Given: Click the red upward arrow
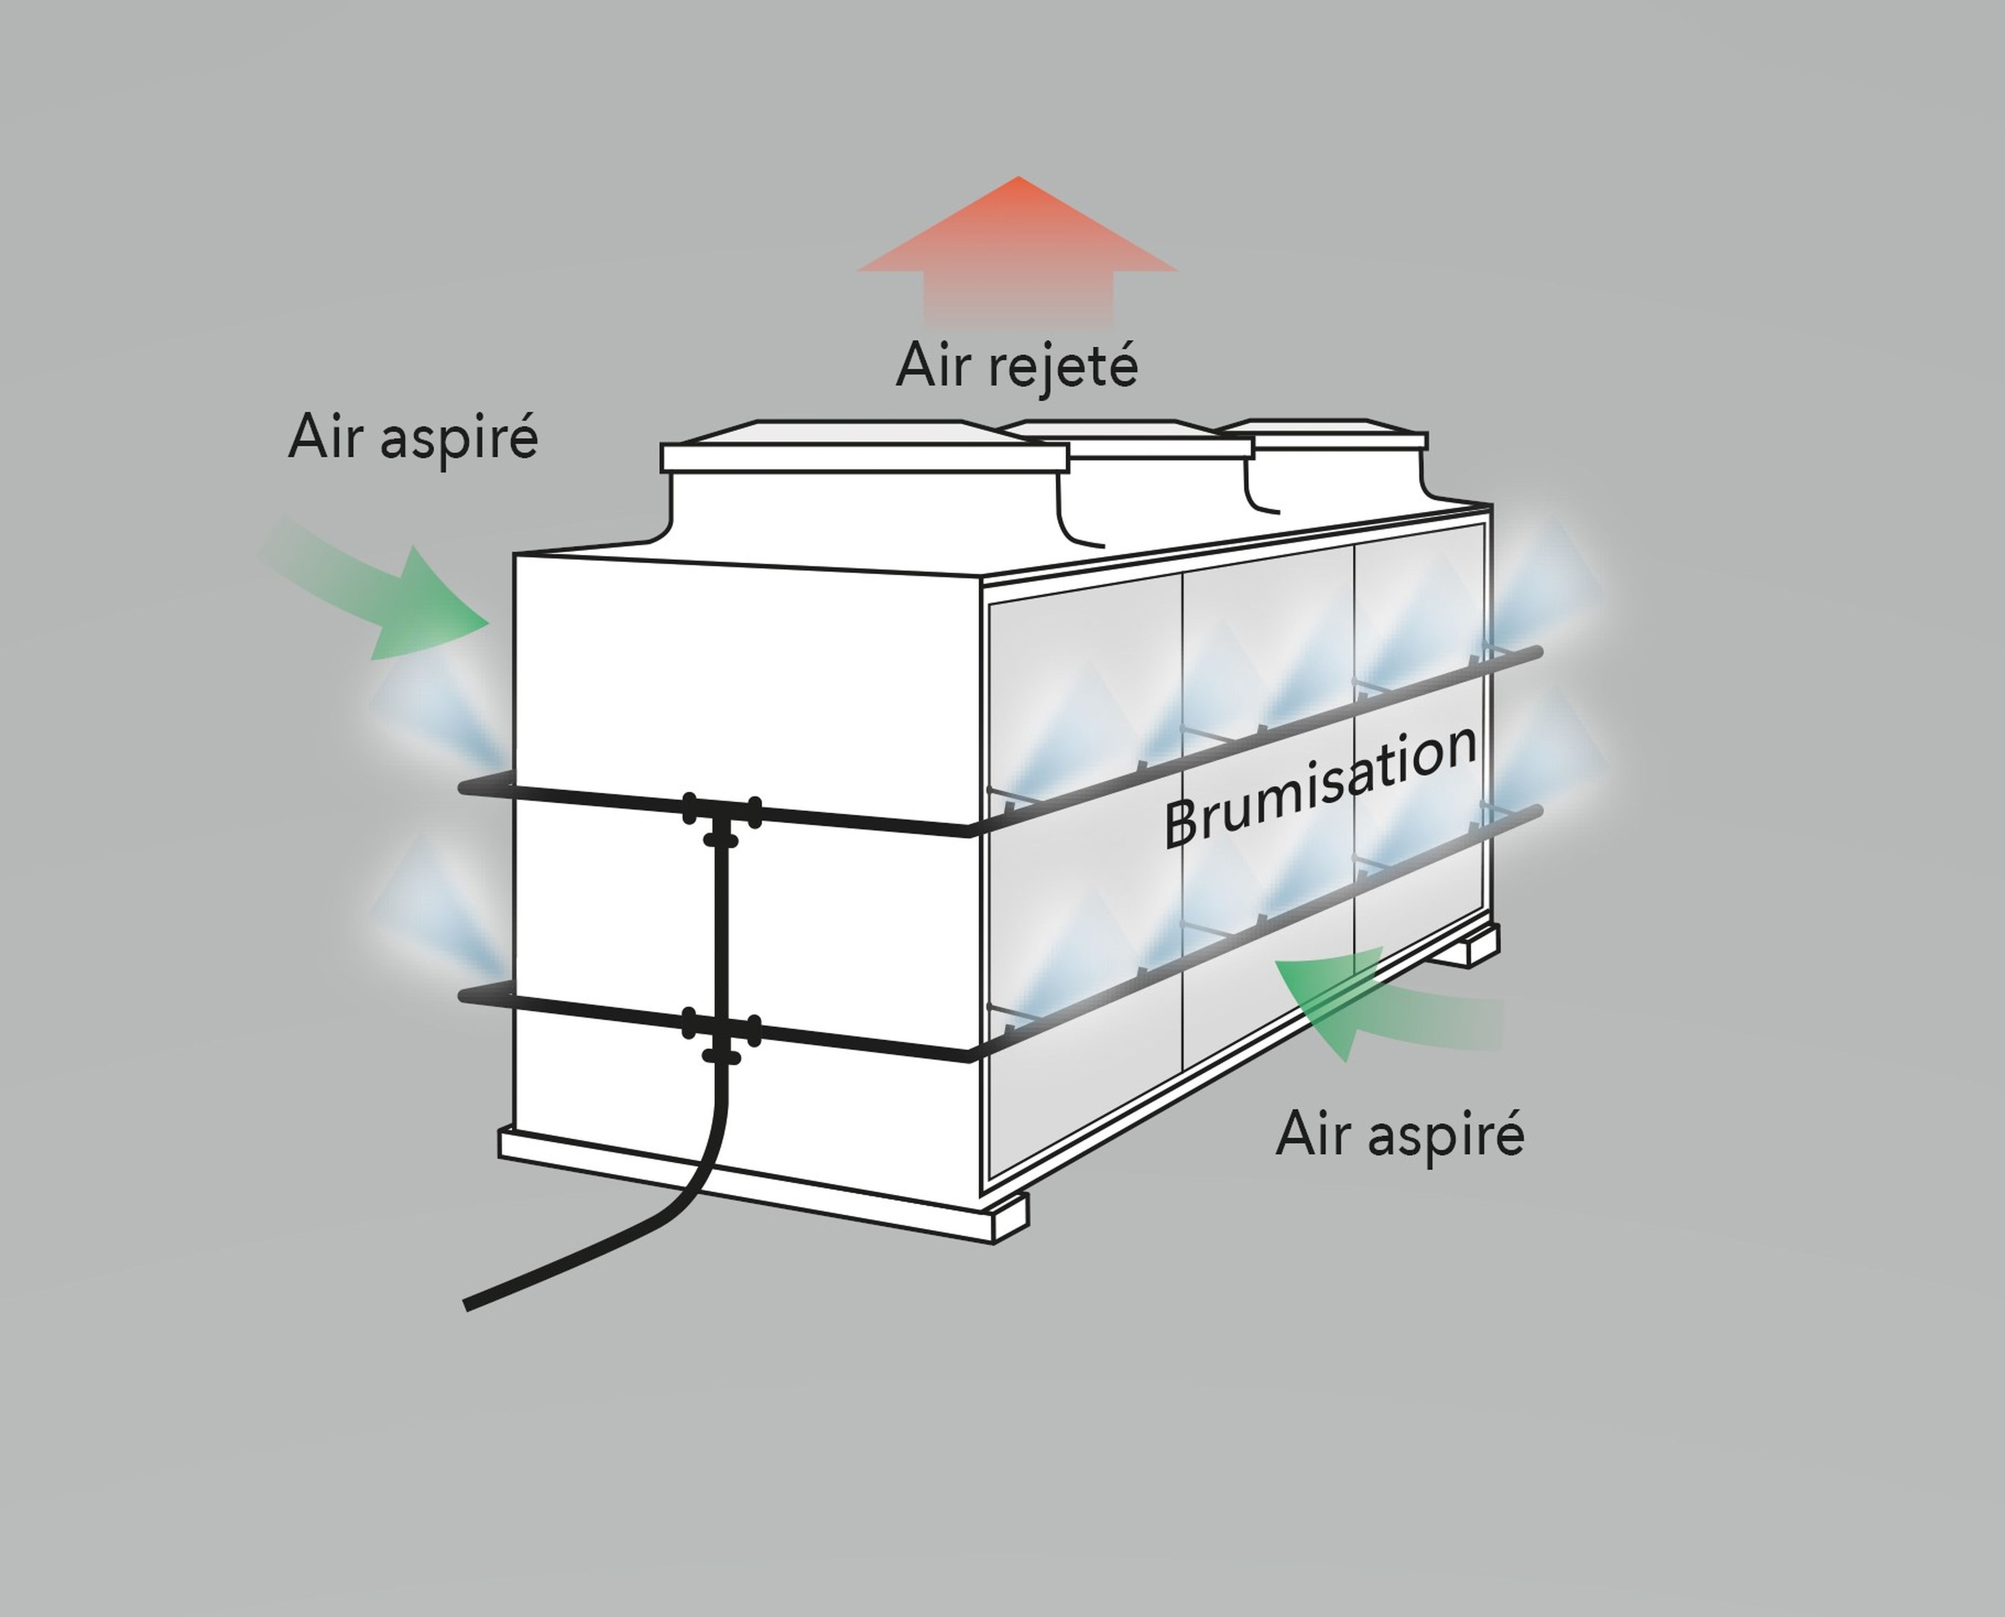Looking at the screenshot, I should (x=1018, y=247).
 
